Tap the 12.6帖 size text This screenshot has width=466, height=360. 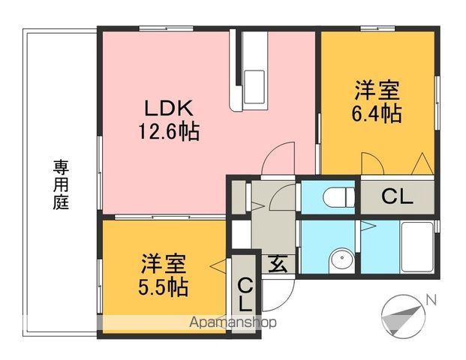pyautogui.click(x=167, y=133)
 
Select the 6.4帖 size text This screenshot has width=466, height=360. pyautogui.click(x=377, y=114)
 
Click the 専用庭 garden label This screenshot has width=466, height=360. pyautogui.click(x=60, y=184)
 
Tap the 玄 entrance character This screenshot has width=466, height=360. pyautogui.click(x=278, y=264)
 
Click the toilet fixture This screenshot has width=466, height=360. pyautogui.click(x=335, y=198)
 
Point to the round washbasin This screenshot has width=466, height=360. pyautogui.click(x=339, y=259)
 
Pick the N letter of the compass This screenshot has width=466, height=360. pyautogui.click(x=431, y=299)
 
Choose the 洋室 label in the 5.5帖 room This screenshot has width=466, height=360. pyautogui.click(x=163, y=264)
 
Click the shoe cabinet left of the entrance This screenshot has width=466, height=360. pyautogui.click(x=241, y=232)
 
